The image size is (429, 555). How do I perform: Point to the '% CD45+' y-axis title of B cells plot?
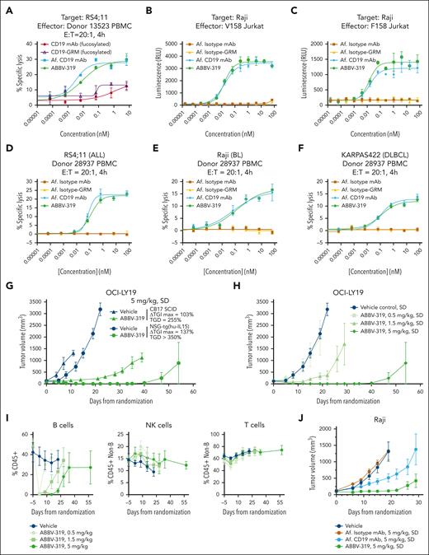click(x=7, y=460)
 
